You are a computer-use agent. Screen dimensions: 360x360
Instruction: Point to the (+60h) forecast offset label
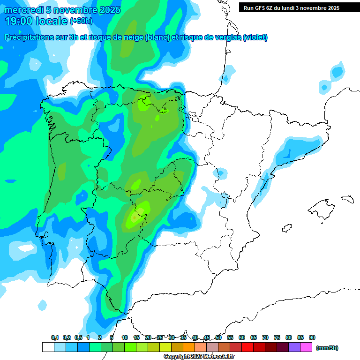(81, 21)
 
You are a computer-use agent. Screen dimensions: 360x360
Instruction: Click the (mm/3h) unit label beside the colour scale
(327, 348)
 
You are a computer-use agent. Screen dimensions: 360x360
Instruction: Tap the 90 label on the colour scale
(312, 338)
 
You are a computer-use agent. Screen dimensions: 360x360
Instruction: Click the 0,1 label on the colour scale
(55, 338)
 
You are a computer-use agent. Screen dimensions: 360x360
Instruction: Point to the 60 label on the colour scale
(242, 338)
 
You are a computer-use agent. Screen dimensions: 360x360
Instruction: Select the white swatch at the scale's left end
(48, 347)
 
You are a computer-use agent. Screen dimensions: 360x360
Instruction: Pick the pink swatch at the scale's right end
(306, 347)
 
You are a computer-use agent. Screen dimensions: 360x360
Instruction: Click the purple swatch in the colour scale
(294, 347)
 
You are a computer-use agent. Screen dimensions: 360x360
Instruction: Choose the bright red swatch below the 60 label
(247, 347)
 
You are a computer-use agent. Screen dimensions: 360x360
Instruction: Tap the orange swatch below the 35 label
(189, 347)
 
